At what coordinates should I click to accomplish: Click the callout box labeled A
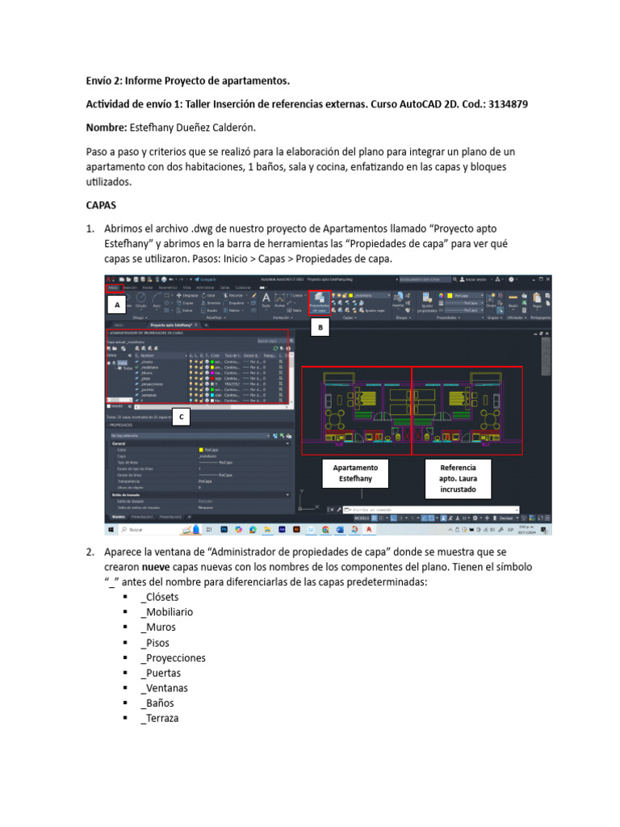[x=118, y=306]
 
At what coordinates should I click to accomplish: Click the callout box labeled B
[x=320, y=328]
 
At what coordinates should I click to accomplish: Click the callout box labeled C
[x=182, y=417]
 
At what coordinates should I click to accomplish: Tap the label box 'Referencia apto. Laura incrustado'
[x=458, y=479]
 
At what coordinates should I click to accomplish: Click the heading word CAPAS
[x=102, y=205]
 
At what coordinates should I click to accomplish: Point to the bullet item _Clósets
[x=163, y=597]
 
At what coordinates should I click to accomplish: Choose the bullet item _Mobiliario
[x=166, y=612]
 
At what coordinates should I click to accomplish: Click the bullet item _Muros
[x=157, y=628]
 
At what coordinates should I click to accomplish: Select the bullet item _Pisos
[x=156, y=643]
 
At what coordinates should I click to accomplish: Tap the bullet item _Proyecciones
[x=173, y=658]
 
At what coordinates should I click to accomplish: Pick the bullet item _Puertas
[x=160, y=673]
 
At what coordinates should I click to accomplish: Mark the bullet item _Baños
[x=157, y=703]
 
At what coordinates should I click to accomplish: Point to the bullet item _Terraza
[x=160, y=719]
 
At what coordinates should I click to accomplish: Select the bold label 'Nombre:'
[x=106, y=128]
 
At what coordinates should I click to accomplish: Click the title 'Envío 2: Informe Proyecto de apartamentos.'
[x=187, y=82]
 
